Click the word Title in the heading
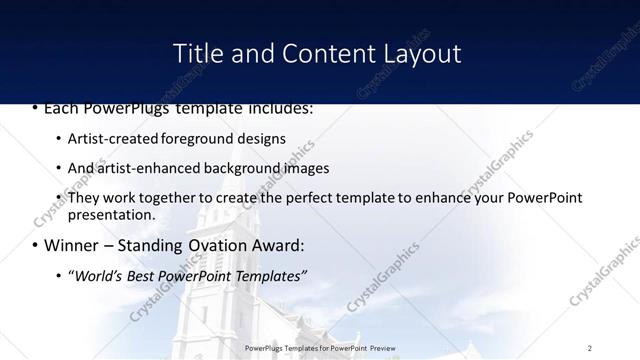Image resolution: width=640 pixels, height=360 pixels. [x=199, y=53]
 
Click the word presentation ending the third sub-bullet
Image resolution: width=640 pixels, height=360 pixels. [x=110, y=214]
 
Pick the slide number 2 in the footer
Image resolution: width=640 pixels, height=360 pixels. [x=590, y=347]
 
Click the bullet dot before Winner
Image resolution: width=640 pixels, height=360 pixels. [x=35, y=246]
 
